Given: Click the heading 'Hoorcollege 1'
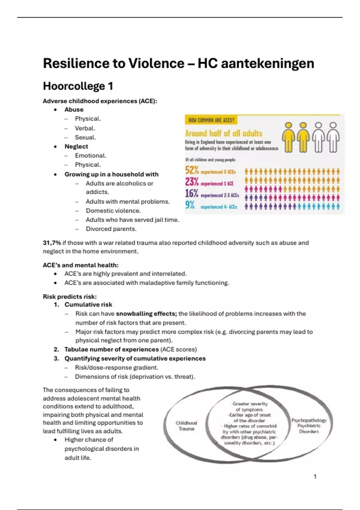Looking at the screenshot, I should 78,86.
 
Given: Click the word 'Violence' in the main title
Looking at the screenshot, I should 156,64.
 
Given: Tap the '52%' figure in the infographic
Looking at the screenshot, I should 192,170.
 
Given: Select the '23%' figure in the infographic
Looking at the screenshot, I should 192,182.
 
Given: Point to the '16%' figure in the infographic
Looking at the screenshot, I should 192,194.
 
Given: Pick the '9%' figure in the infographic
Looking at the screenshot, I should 190,205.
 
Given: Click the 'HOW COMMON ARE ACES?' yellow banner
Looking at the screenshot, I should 211,120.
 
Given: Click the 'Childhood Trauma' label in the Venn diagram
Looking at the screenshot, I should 186,426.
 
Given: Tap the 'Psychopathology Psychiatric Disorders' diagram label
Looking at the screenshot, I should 309,426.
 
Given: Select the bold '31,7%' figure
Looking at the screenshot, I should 52,243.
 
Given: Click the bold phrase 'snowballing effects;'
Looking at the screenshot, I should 146,314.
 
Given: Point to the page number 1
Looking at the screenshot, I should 315,476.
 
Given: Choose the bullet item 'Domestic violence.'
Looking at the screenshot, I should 113,211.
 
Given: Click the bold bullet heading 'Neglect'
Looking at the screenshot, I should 76,146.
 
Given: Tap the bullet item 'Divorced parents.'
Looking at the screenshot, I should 111,229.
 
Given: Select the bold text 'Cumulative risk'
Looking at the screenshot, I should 88,304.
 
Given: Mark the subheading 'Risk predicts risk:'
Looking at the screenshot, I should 70,297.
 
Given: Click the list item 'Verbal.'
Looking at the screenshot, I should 85,128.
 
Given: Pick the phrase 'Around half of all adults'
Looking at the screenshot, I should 223,133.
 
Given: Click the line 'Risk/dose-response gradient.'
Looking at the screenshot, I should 117,367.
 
